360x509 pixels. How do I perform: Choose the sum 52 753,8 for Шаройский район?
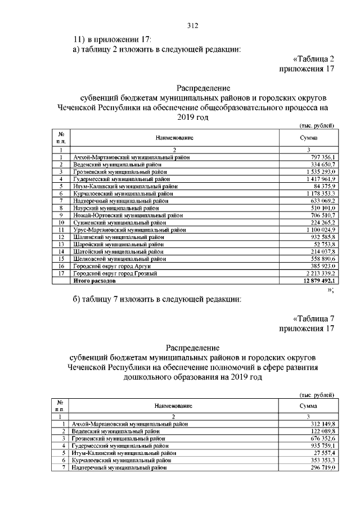[323, 244]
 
